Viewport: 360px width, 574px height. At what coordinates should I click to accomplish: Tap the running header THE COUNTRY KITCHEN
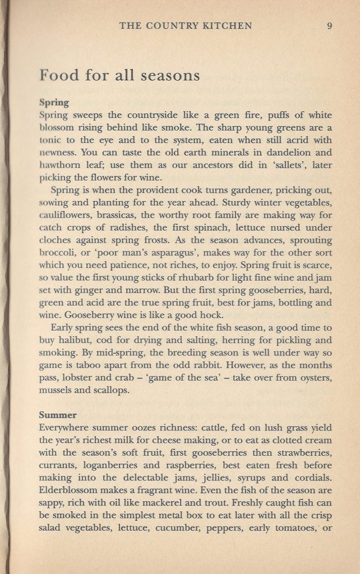click(x=186, y=26)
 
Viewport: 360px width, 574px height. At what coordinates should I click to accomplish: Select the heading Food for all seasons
click(x=120, y=75)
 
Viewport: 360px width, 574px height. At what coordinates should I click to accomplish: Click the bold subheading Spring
click(x=54, y=103)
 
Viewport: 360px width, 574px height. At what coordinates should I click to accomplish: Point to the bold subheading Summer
click(x=58, y=415)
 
